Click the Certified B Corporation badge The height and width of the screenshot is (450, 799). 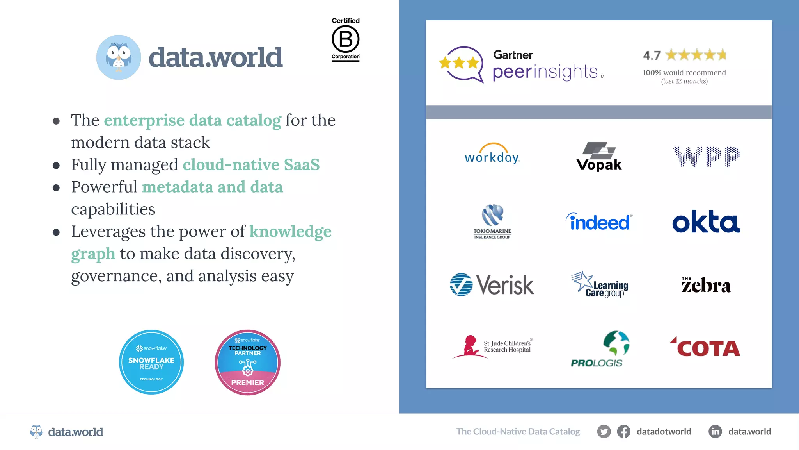coord(346,39)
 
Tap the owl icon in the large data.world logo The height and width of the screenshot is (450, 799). coord(119,57)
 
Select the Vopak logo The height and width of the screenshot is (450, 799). coord(599,156)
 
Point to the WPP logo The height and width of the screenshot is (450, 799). coord(706,157)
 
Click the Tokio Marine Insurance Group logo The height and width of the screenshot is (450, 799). coord(492,221)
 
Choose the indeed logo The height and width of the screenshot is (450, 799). coord(599,222)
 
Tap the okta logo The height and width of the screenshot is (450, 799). coord(706,222)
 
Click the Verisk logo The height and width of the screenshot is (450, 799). coord(492,285)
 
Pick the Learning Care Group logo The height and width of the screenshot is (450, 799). coord(600,285)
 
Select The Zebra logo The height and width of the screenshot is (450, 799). coord(706,285)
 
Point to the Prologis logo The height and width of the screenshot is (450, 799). coord(600,349)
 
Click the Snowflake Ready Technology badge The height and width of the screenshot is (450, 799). coord(151,362)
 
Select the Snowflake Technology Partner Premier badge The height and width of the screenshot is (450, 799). coord(247,362)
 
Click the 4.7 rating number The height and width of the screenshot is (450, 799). coord(652,55)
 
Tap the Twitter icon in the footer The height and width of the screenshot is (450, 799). coord(604,432)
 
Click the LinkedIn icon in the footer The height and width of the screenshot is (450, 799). coord(715,432)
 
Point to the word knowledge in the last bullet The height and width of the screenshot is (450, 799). coord(290,231)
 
